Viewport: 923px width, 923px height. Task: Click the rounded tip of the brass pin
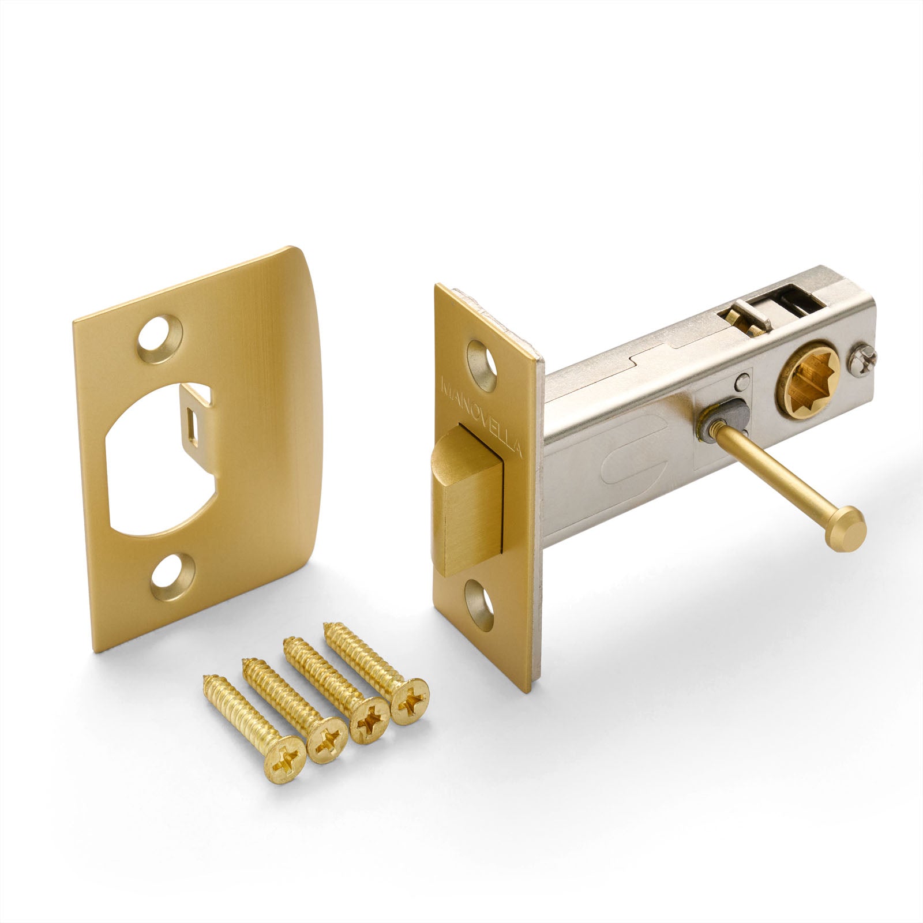pos(849,527)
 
